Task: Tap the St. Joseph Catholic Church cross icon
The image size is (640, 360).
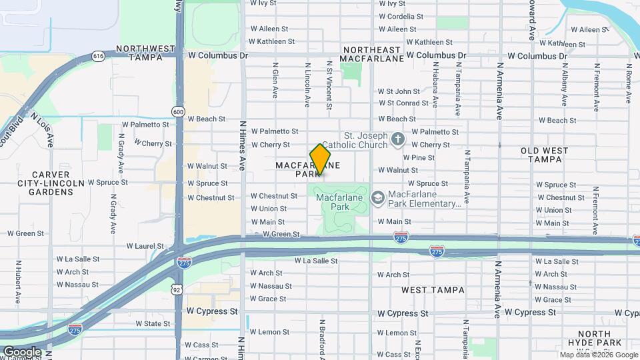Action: pyautogui.click(x=398, y=140)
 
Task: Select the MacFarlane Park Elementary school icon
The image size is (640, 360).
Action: pyautogui.click(x=378, y=197)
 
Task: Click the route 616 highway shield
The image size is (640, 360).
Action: pyautogui.click(x=99, y=57)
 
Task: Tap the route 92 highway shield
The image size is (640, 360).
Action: pyautogui.click(x=177, y=289)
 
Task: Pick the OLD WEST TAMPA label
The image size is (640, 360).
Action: pyautogui.click(x=545, y=155)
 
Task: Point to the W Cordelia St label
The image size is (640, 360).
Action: pyautogui.click(x=401, y=16)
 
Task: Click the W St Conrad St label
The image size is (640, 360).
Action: pyautogui.click(x=403, y=103)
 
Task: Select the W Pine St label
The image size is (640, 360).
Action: pyautogui.click(x=419, y=158)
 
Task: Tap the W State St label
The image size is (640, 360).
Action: pyautogui.click(x=153, y=323)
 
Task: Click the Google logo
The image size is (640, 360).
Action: pyautogui.click(x=22, y=352)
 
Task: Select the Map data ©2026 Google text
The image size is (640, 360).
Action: pyautogui.click(x=599, y=355)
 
